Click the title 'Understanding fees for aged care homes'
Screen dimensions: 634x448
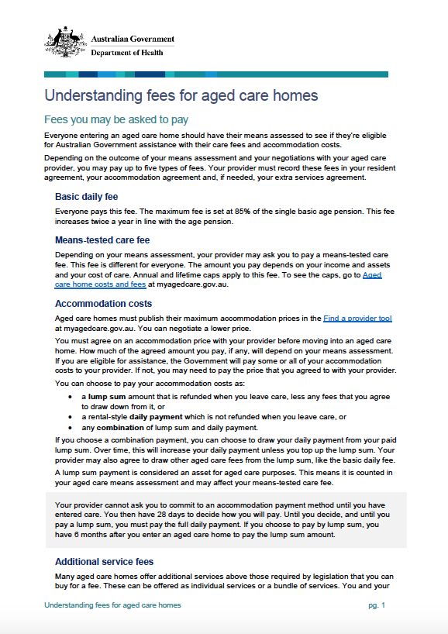pos(181,96)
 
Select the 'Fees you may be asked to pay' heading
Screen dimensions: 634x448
pos(116,120)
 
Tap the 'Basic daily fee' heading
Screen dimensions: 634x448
pos(87,197)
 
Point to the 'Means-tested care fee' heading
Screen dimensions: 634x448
pos(102,240)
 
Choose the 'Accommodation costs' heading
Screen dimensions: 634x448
pos(104,304)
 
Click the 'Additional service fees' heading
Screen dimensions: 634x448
pos(104,561)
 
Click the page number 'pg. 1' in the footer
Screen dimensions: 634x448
pos(377,605)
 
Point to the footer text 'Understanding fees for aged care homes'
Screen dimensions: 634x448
pos(112,605)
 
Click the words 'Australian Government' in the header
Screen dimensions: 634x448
pos(133,39)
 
